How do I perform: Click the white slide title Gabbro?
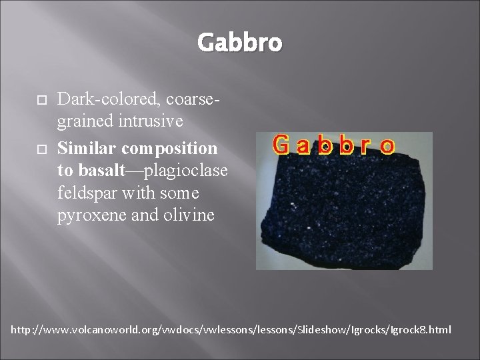239,43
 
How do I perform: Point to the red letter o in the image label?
385,146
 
